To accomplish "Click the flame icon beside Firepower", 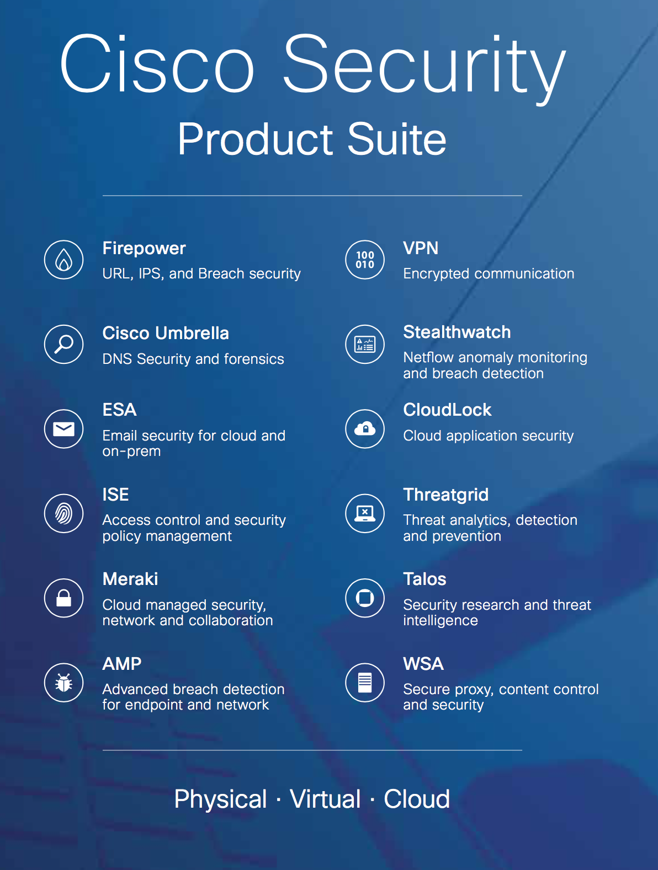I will [64, 260].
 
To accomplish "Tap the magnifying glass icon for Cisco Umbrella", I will [64, 344].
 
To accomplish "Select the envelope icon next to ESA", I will [64, 429].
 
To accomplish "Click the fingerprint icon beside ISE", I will [64, 513].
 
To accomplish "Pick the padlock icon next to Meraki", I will [64, 598].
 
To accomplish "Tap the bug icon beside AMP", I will [64, 683].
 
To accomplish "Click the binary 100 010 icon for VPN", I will [365, 260].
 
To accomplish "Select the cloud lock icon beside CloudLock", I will [365, 429].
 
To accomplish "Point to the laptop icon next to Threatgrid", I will [365, 513].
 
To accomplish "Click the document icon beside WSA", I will [365, 683].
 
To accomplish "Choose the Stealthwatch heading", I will [457, 332].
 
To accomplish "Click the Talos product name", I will [424, 579].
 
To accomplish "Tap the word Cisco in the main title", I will [157, 65].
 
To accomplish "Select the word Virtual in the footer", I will [325, 799].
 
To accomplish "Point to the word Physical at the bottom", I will [220, 799].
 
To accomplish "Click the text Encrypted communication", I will [489, 273].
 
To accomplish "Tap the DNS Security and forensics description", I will [193, 359].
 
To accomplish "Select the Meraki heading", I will [130, 579].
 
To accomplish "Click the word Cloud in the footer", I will [417, 799].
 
